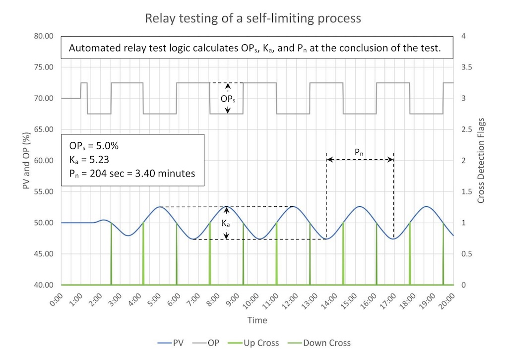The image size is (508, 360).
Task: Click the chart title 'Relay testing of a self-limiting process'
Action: coord(253,19)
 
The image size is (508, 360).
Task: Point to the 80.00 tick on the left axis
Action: coord(45,36)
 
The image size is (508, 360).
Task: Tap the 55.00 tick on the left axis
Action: coord(45,192)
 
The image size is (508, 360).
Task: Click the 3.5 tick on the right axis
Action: coord(468,67)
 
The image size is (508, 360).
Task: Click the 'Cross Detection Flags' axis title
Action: coord(481,161)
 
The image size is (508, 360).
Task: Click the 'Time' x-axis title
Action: coord(257,320)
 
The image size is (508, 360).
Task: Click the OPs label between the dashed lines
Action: coord(228,99)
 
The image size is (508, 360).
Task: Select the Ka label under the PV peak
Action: coord(225,224)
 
